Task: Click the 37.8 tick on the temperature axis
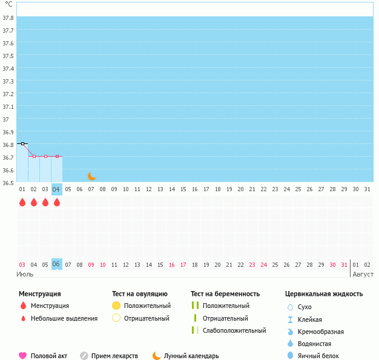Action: click(8, 18)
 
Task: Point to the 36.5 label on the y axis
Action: click(8, 183)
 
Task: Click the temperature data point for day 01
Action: click(22, 143)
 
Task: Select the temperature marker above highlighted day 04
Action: click(57, 156)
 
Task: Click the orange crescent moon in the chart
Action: click(92, 176)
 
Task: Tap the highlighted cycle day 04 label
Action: click(57, 189)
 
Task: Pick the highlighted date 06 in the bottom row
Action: click(56, 264)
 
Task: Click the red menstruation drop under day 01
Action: click(22, 202)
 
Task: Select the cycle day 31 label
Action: click(367, 189)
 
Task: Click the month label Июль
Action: click(25, 274)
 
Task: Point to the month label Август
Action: click(363, 274)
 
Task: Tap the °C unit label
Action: click(8, 5)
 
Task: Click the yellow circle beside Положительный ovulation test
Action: click(116, 306)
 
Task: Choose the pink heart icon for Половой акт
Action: click(23, 356)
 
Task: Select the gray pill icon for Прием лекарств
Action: click(84, 356)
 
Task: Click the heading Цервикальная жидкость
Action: click(324, 294)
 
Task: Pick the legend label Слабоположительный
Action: click(234, 330)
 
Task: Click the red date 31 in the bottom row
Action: click(344, 264)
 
